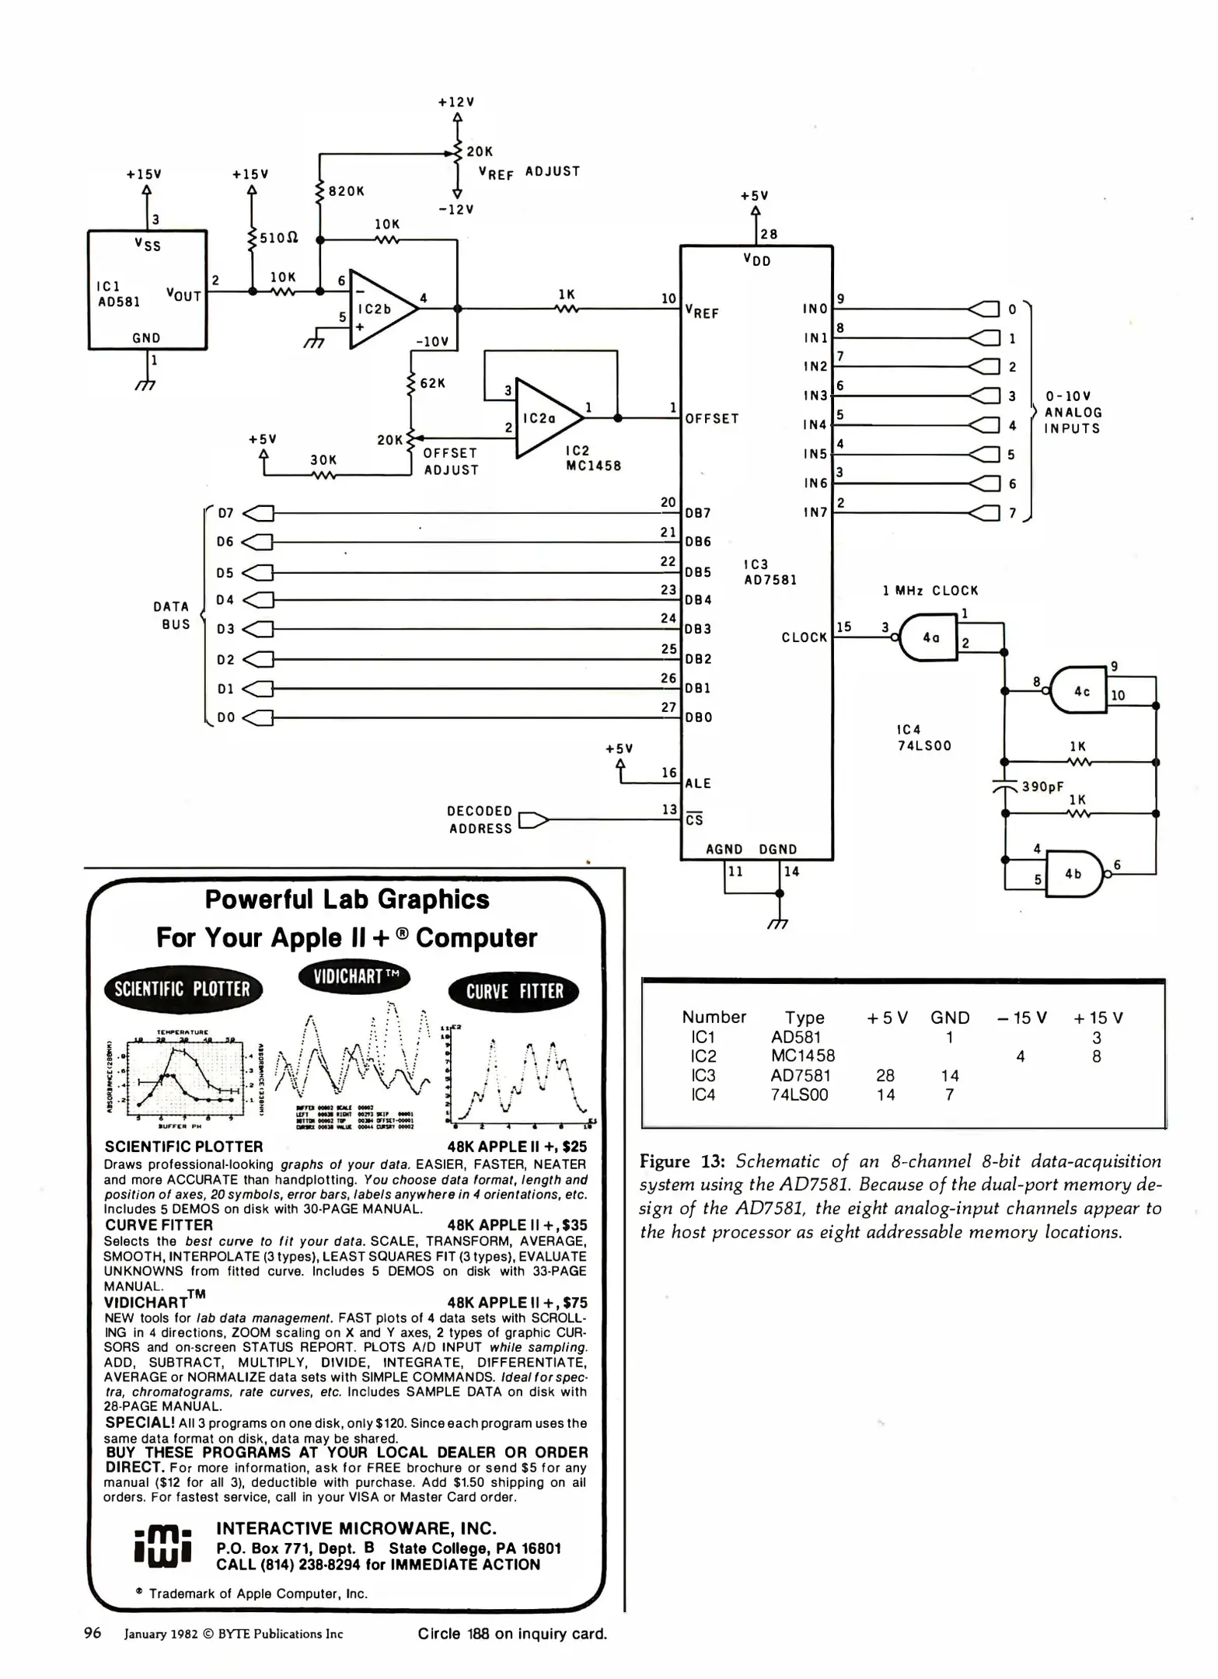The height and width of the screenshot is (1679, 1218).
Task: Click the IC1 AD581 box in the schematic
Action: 147,289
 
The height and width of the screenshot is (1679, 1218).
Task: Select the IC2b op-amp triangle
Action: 380,309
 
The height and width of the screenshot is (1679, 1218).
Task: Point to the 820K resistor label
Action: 347,191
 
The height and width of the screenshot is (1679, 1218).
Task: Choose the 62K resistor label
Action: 433,383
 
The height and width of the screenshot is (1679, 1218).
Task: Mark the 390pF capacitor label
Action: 1042,787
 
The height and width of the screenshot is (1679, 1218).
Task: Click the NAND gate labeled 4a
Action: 928,637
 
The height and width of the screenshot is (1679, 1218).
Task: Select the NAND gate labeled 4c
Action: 1079,690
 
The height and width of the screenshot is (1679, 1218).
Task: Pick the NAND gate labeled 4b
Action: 1073,874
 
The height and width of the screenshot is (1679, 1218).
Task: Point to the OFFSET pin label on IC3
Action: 712,418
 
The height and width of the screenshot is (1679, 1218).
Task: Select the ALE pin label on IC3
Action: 698,784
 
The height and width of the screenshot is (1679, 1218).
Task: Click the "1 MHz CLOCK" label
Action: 930,591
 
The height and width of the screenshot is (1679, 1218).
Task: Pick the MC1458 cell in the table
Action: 803,1056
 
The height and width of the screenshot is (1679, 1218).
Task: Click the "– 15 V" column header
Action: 1022,1018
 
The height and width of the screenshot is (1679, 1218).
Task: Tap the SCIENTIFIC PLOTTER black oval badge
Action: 183,989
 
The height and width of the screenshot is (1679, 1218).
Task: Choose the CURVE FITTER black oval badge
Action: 514,991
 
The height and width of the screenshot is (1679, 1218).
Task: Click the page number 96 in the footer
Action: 92,1632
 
